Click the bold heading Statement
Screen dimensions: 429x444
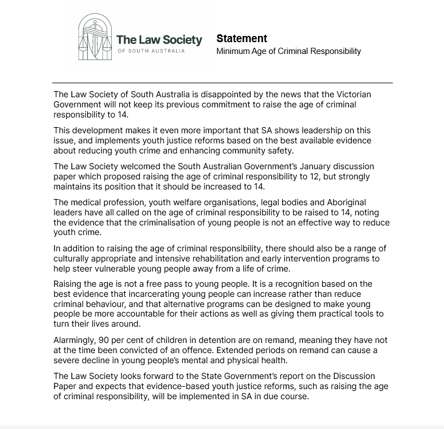(x=242, y=39)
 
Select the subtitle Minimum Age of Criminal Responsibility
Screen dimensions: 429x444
(x=288, y=51)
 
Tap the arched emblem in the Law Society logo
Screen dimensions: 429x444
(x=94, y=37)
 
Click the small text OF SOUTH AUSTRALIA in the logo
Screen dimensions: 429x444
(x=151, y=51)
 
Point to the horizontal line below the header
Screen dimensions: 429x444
(x=222, y=83)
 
